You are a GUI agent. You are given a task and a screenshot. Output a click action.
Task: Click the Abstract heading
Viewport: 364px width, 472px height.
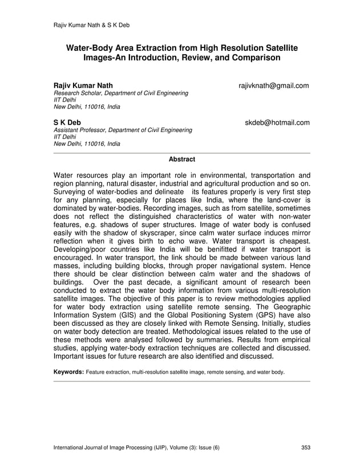point(182,159)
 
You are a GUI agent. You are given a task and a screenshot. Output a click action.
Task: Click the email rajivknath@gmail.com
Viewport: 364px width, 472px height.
point(274,86)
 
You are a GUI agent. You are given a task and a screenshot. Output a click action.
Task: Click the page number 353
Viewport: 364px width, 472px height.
point(305,447)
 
